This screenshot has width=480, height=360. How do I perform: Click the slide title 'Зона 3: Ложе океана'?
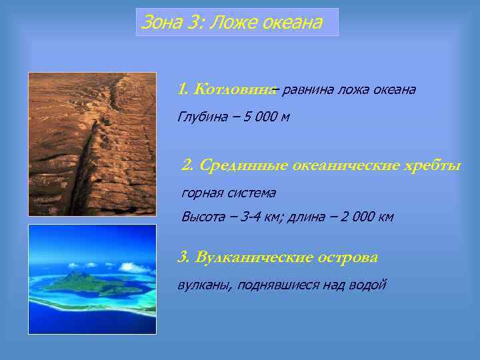click(231, 23)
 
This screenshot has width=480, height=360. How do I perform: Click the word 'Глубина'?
click(201, 118)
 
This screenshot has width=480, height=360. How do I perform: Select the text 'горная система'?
click(228, 193)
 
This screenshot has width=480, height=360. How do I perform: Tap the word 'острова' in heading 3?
click(349, 257)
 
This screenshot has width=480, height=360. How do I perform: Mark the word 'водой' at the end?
click(368, 285)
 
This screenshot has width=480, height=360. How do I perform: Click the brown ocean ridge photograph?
click(92, 143)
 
